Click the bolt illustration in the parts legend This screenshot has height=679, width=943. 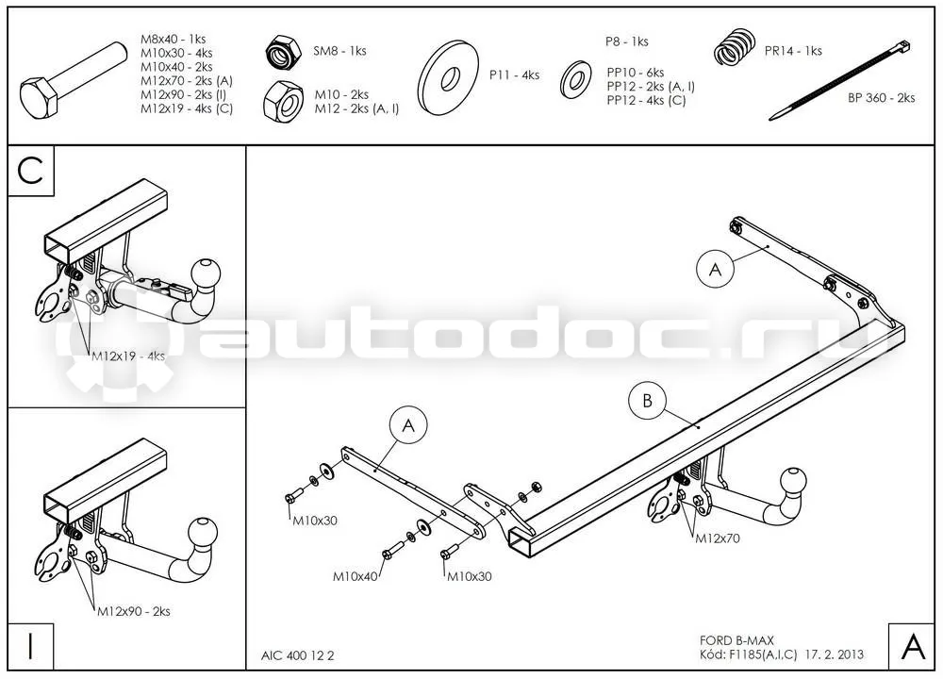pyautogui.click(x=73, y=80)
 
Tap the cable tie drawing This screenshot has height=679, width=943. pyautogui.click(x=839, y=80)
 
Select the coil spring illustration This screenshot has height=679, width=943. pyautogui.click(x=735, y=47)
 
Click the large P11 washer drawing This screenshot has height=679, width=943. pyautogui.click(x=448, y=77)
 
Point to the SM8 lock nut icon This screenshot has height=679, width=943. pyautogui.click(x=283, y=52)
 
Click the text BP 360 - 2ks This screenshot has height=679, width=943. pyautogui.click(x=881, y=98)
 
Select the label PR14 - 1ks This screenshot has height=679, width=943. pyautogui.click(x=793, y=51)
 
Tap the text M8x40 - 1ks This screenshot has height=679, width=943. pyautogui.click(x=174, y=39)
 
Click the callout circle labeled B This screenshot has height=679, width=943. pyautogui.click(x=647, y=401)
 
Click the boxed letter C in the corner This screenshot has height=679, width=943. pyautogui.click(x=31, y=171)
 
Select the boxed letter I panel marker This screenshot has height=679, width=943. pyautogui.click(x=31, y=647)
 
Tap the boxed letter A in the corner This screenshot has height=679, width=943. pyautogui.click(x=912, y=647)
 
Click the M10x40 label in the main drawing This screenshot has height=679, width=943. pyautogui.click(x=356, y=577)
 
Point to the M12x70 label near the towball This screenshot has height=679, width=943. pyautogui.click(x=718, y=538)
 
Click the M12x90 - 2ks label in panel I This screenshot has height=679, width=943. pyautogui.click(x=134, y=612)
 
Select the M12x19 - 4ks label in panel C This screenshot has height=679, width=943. pyautogui.click(x=128, y=356)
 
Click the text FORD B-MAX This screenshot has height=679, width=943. pyautogui.click(x=736, y=640)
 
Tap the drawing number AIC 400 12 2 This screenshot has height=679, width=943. pyautogui.click(x=297, y=655)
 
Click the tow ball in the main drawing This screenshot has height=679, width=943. pyautogui.click(x=792, y=482)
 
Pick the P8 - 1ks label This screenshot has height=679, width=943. pyautogui.click(x=627, y=41)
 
